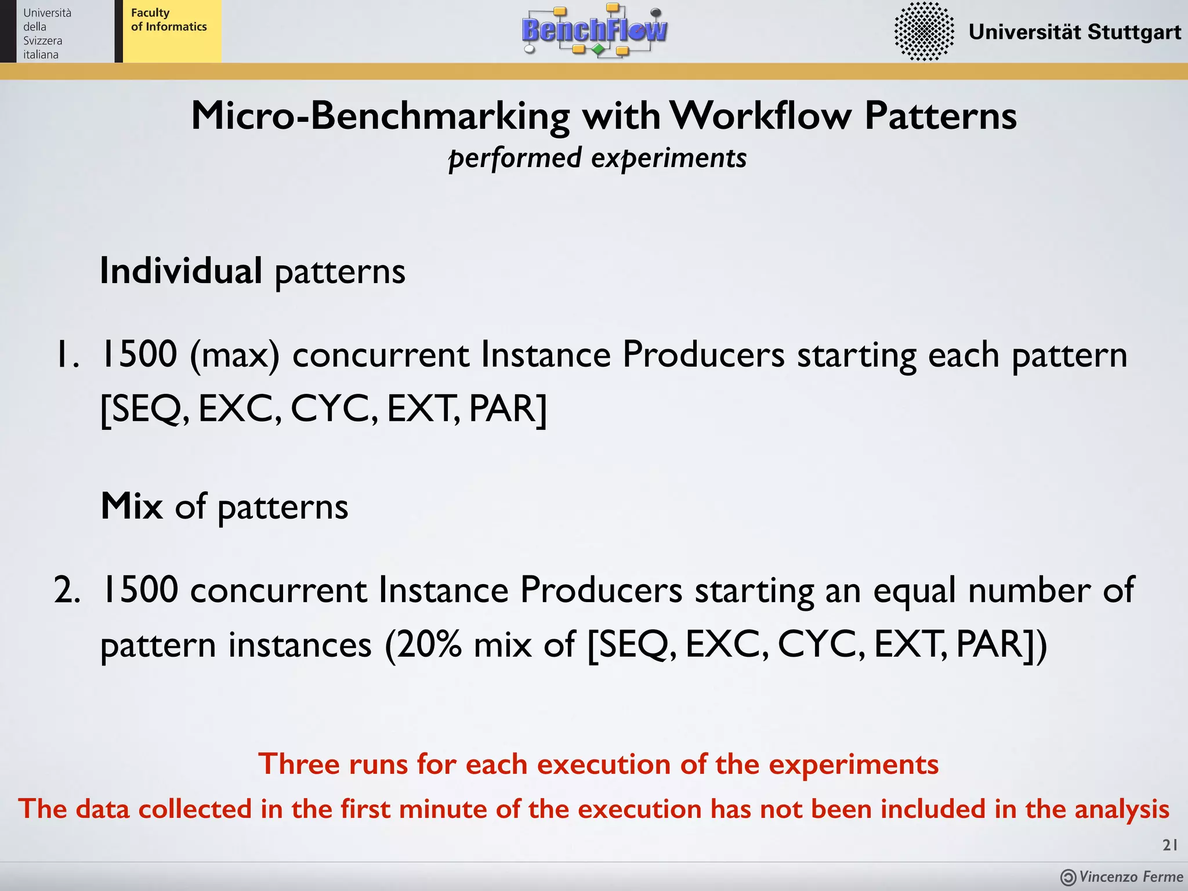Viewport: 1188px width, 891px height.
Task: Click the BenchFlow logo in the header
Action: point(594,30)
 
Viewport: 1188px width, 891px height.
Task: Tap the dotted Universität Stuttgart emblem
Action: point(923,31)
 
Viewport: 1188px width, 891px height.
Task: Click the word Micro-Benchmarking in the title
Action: point(381,116)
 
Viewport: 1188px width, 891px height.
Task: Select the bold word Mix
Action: point(132,506)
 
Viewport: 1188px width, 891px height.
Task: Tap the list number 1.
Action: point(65,355)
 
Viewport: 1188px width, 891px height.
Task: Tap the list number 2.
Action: point(66,591)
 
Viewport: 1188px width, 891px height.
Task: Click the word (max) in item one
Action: point(234,355)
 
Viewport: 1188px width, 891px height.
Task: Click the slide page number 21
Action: point(1169,845)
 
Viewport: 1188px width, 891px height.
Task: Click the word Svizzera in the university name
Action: point(42,41)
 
